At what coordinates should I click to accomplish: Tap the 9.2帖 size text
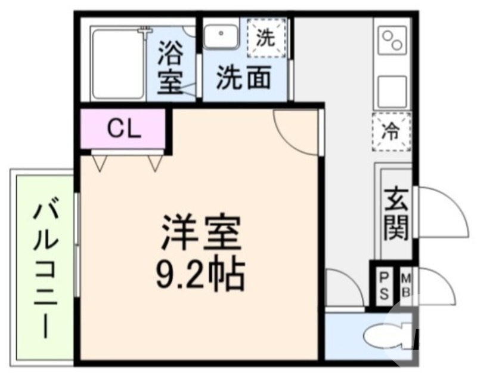pos(201,273)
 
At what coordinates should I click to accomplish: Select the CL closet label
pos(124,128)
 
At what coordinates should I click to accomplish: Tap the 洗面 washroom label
pos(243,78)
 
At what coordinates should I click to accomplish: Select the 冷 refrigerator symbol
pos(391,130)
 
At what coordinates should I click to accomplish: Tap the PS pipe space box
pos(385,286)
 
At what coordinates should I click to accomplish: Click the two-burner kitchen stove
pos(392,41)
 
